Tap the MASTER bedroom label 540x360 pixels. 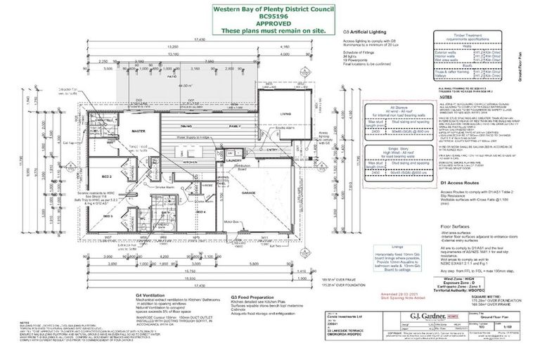(x=139, y=130)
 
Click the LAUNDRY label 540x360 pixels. (x=234, y=159)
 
